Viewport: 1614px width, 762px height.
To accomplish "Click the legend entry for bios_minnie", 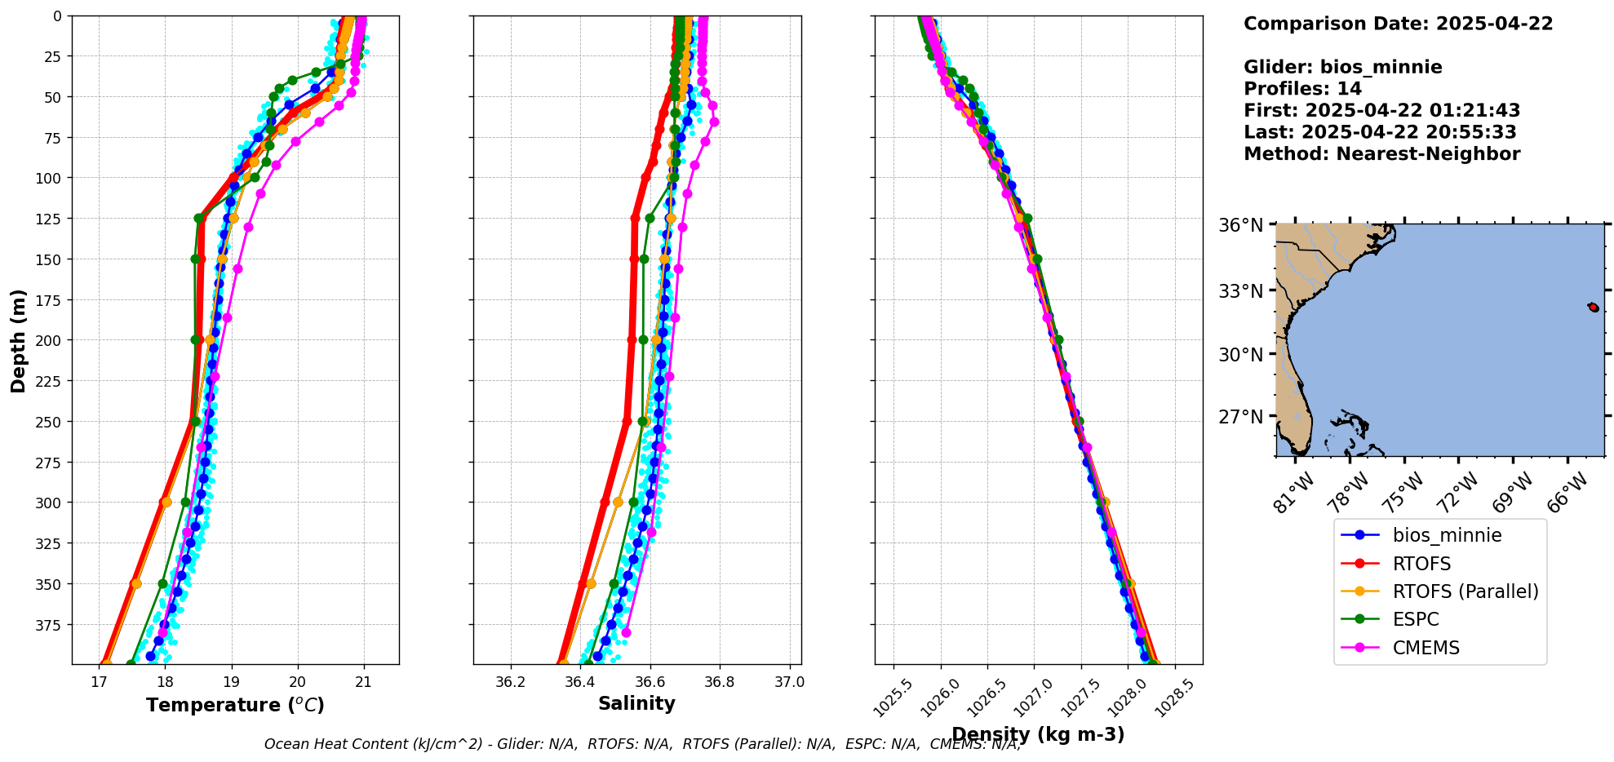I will (x=1447, y=535).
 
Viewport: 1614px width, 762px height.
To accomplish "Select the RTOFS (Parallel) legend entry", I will (x=1465, y=591).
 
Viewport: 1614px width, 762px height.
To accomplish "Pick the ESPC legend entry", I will (x=1415, y=619).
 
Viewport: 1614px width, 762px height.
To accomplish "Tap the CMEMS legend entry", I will (x=1426, y=648).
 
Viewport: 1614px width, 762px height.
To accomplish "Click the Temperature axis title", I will (x=235, y=705).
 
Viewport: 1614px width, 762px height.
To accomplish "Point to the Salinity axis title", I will (x=636, y=703).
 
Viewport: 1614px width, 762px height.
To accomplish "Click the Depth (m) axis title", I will (x=18, y=340).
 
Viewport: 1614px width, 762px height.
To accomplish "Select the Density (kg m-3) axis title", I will (x=1038, y=734).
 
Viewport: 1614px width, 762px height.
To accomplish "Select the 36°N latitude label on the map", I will (x=1240, y=225).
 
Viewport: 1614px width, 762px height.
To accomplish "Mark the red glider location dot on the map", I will (x=1594, y=308).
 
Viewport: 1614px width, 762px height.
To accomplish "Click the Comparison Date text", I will (x=1398, y=24).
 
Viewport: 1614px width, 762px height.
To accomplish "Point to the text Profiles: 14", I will (x=1302, y=89).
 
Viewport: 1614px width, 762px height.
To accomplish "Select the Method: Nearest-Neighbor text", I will (x=1381, y=154).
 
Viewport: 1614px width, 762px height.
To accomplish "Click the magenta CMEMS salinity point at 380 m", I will (x=626, y=632).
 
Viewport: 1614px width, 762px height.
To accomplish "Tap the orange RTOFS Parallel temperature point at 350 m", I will (x=136, y=583).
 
